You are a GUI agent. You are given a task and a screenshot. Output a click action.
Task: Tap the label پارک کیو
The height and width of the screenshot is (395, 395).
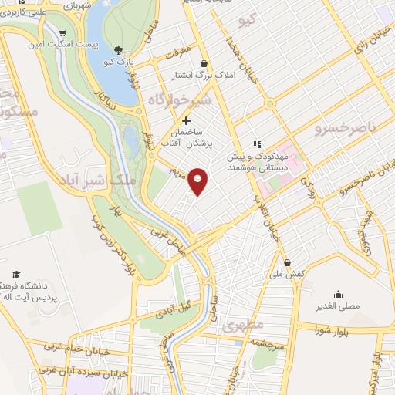121,60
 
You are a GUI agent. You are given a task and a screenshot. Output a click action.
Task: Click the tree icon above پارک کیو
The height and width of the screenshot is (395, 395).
117,49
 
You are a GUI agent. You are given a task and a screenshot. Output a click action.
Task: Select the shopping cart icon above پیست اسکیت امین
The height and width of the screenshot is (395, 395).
61,32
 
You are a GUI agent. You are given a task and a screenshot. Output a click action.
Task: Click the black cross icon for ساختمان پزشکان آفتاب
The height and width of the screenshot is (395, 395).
186,120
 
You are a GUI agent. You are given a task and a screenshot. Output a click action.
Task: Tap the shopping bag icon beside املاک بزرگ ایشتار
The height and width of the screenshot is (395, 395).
204,63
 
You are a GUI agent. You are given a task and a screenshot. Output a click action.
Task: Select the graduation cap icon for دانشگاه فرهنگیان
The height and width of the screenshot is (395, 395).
16,275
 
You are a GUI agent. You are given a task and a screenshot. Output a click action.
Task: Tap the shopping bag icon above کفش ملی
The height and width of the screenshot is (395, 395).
287,262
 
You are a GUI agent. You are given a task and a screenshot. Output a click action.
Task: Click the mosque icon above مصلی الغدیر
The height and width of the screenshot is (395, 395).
338,294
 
